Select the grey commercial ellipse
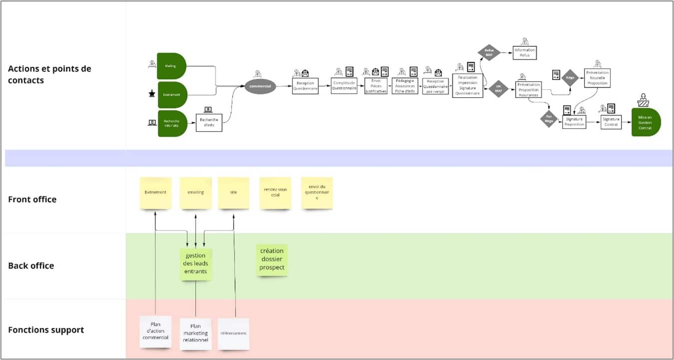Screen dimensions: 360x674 [x=260, y=86]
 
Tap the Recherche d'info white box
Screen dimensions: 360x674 [x=209, y=122]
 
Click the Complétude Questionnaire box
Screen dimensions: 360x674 [x=344, y=85]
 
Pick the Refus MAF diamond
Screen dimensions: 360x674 [x=489, y=52]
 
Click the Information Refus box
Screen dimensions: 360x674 [x=524, y=52]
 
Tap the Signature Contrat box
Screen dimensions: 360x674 [x=611, y=122]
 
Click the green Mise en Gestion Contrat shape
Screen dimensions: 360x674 [x=646, y=122]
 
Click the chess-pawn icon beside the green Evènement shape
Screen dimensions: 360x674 [x=152, y=93]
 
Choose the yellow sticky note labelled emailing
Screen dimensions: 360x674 [x=195, y=193]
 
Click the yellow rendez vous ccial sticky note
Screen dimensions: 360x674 [x=275, y=193]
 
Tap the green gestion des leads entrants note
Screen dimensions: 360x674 [x=196, y=264]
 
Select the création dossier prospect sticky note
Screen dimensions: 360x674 [x=272, y=260]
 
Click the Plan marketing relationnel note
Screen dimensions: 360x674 [x=195, y=334]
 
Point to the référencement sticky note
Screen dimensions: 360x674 [x=233, y=334]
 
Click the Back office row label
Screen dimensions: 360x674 [x=31, y=266]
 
